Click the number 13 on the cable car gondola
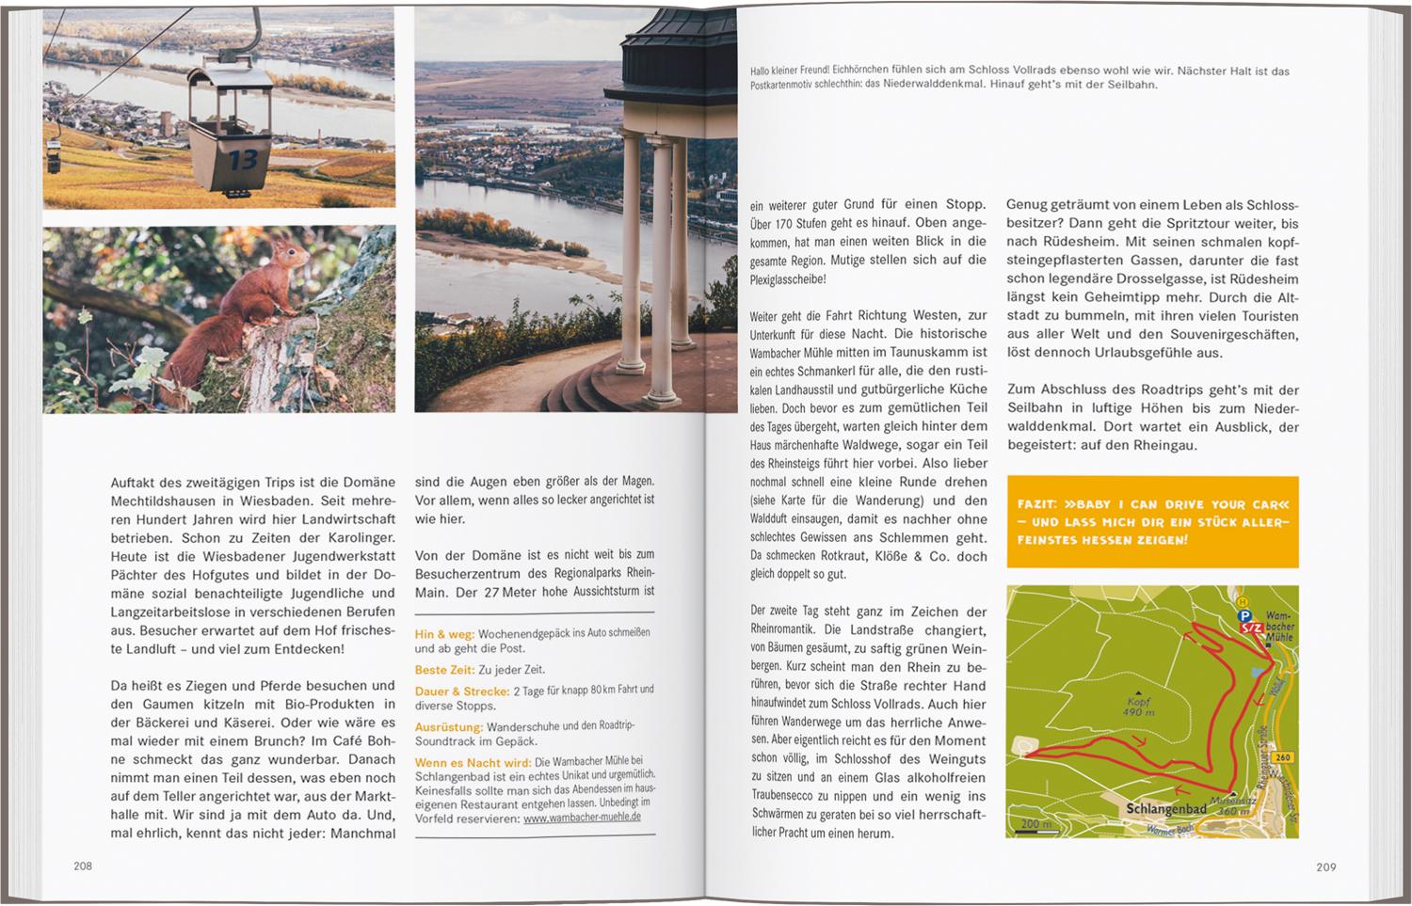point(243,160)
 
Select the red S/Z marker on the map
point(1250,628)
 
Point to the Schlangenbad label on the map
point(1165,809)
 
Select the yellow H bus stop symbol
point(1243,601)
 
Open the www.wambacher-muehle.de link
point(582,819)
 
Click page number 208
point(83,866)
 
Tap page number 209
point(1325,867)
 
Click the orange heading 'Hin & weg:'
point(444,635)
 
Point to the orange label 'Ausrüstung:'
point(449,727)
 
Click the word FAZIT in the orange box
point(1035,504)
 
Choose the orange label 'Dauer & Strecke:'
point(461,691)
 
